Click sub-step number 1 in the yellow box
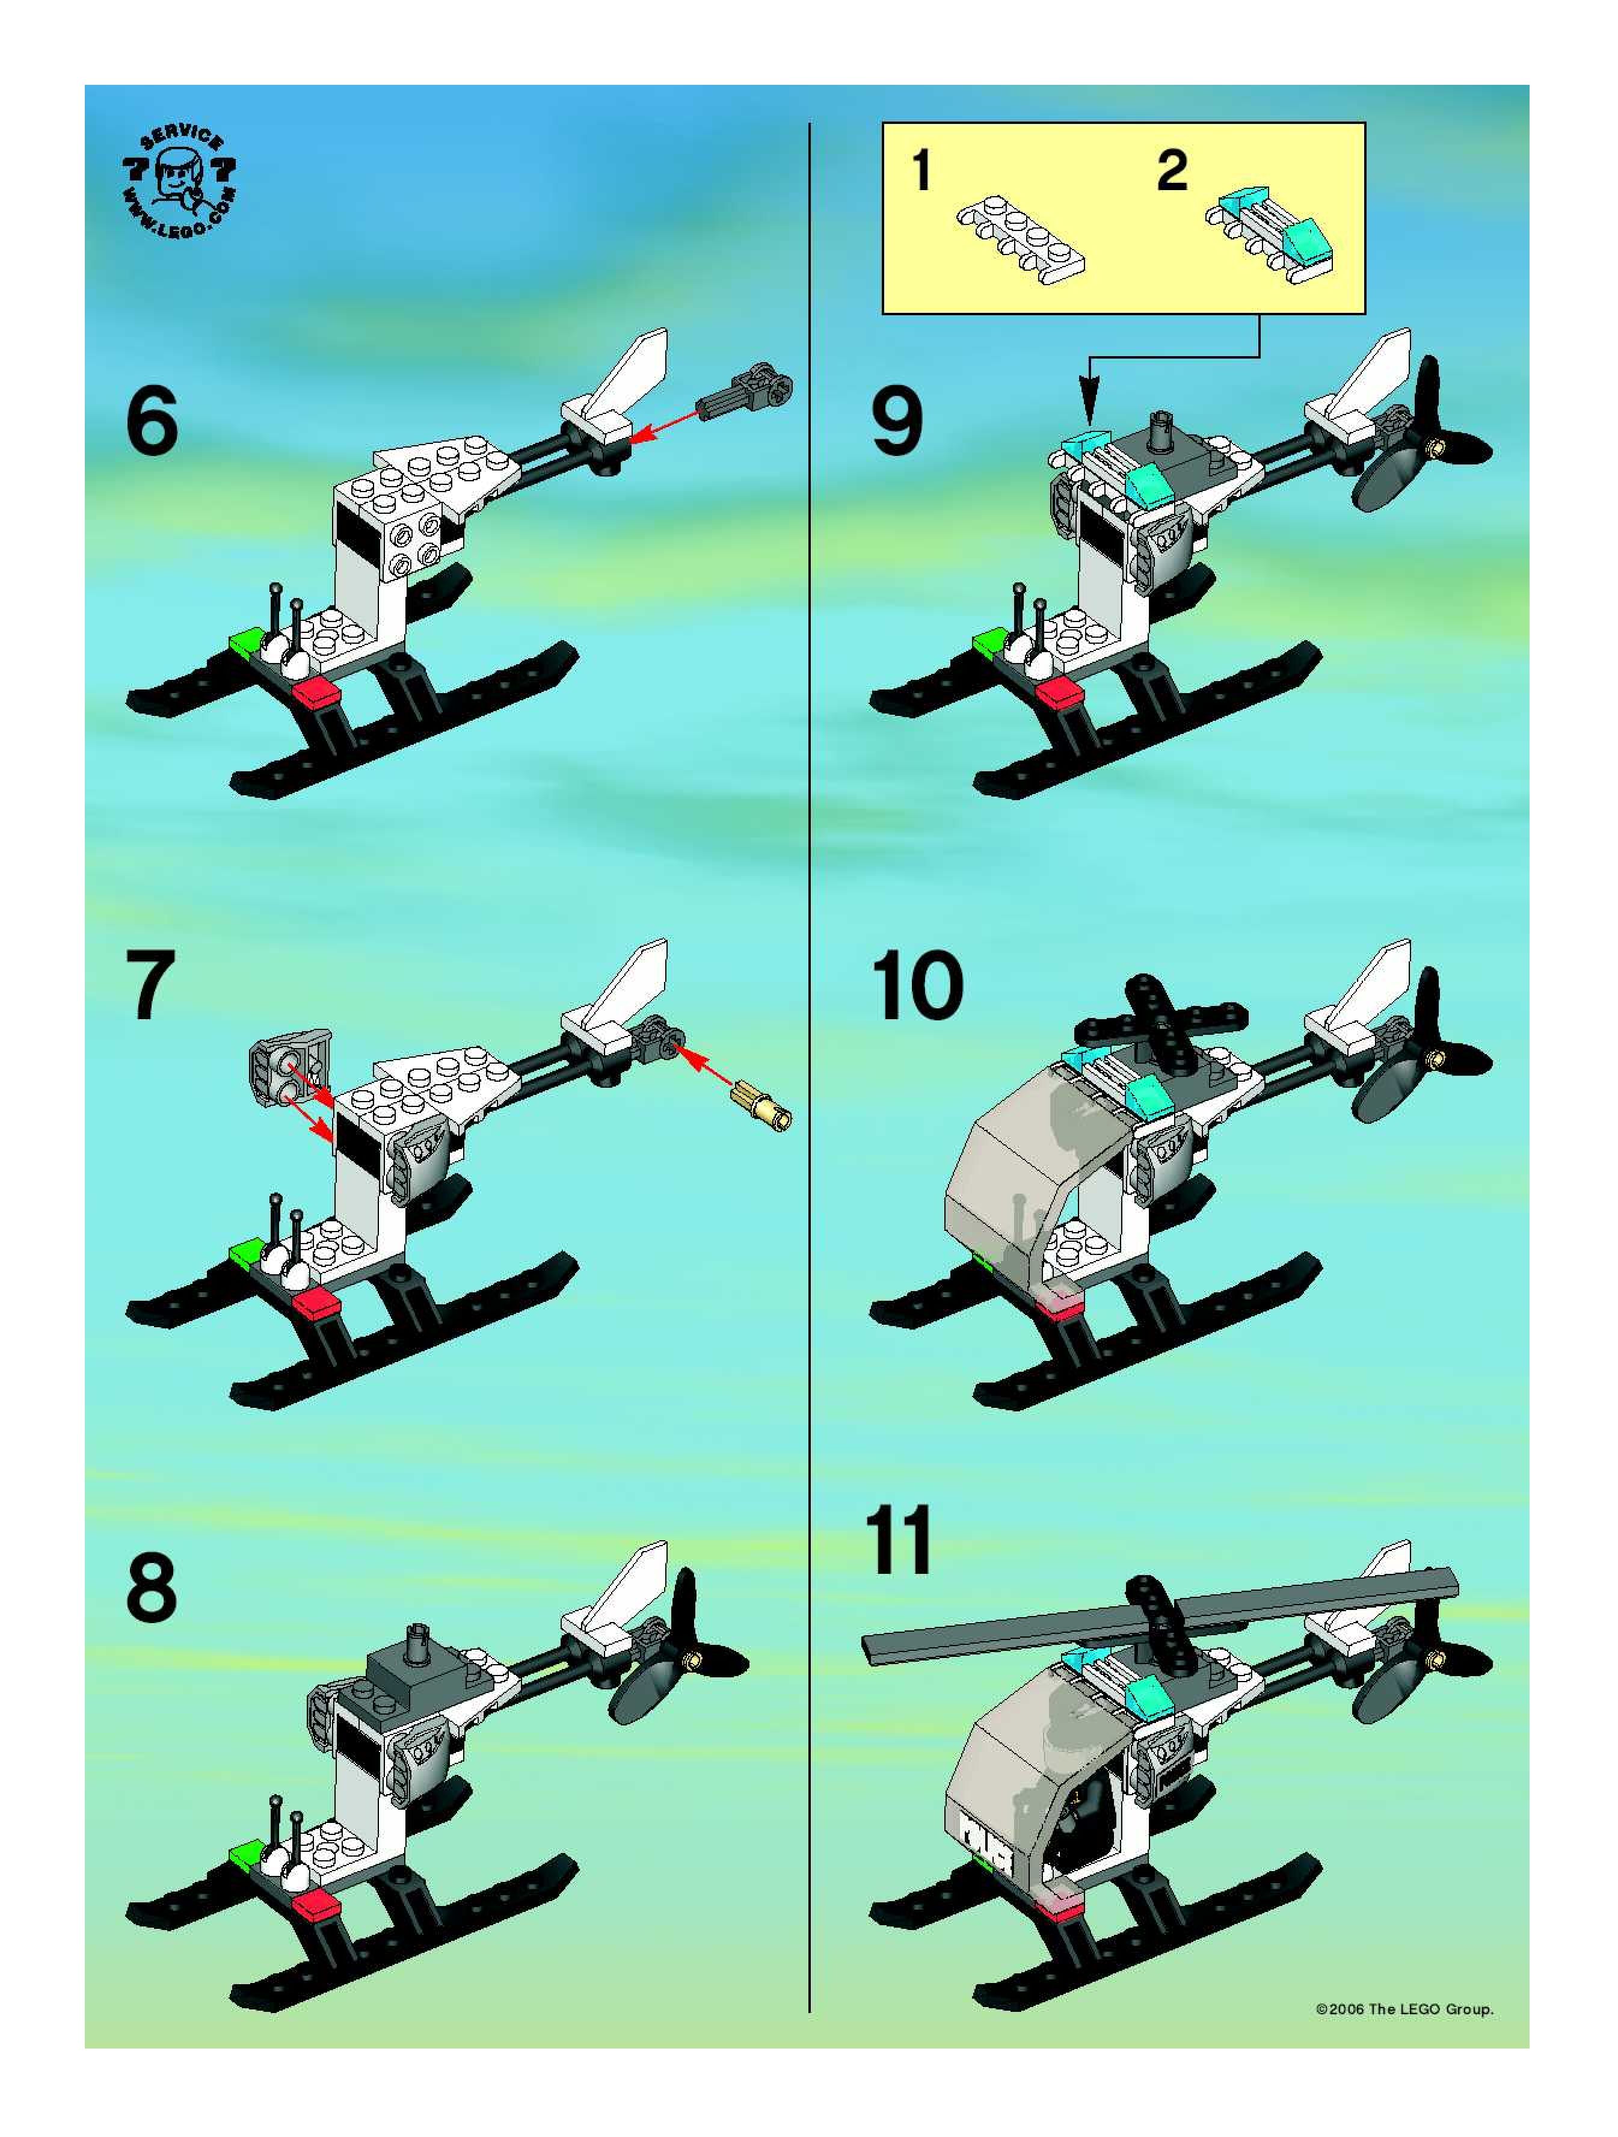pyautogui.click(x=923, y=171)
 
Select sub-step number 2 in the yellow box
pyautogui.click(x=1172, y=171)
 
